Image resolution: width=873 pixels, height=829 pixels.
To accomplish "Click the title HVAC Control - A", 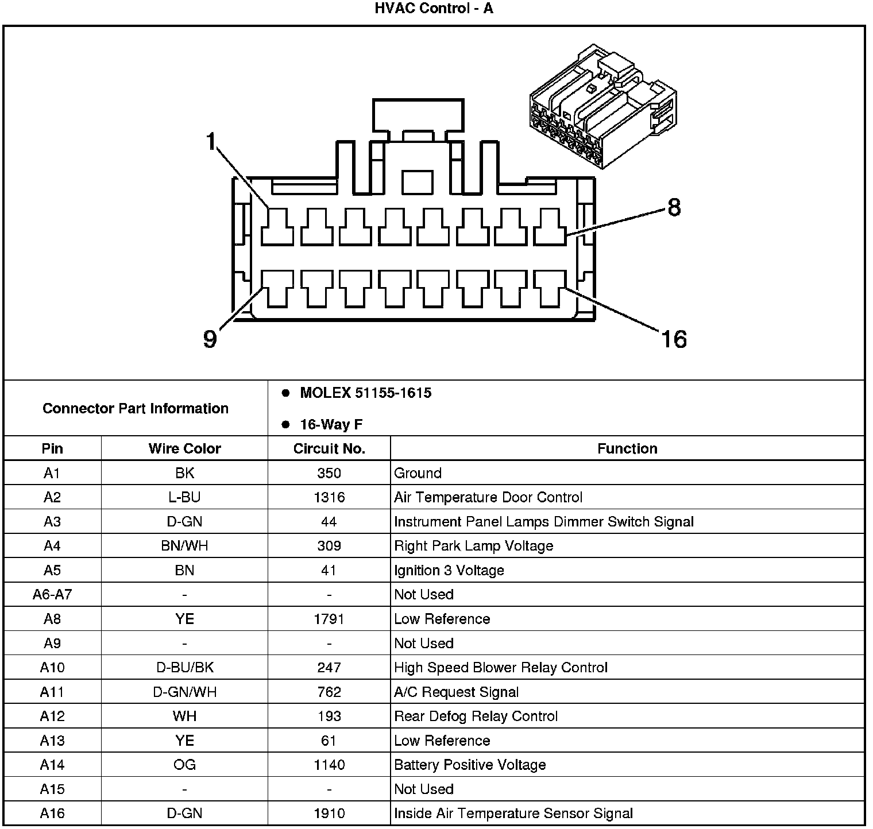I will pyautogui.click(x=434, y=9).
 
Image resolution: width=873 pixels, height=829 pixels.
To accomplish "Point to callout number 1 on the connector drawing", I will pyautogui.click(x=211, y=141).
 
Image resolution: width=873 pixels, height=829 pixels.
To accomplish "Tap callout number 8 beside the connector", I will pyautogui.click(x=674, y=207).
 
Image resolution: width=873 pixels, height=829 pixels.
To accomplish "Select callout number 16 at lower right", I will pyautogui.click(x=673, y=339).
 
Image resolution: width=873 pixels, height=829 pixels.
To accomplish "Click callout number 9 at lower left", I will pyautogui.click(x=210, y=339).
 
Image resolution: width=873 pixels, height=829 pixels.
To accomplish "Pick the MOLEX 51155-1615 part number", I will pyautogui.click(x=365, y=393).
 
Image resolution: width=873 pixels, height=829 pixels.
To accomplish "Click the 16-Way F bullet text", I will pyautogui.click(x=331, y=425).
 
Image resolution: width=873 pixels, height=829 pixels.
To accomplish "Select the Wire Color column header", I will pyautogui.click(x=184, y=448).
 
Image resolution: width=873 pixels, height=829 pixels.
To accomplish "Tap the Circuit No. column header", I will pyautogui.click(x=329, y=448).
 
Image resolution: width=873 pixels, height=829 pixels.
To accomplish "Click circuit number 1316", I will pyautogui.click(x=329, y=497).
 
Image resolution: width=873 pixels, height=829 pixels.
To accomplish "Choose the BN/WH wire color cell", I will pyautogui.click(x=184, y=545).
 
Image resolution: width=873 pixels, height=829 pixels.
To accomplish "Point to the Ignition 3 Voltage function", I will pyautogui.click(x=449, y=570).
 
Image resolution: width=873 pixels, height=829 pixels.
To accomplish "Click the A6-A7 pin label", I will pyautogui.click(x=52, y=594).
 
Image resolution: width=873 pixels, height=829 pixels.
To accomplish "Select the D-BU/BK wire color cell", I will pyautogui.click(x=184, y=667).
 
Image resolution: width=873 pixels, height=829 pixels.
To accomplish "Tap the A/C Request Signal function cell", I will pyautogui.click(x=456, y=692).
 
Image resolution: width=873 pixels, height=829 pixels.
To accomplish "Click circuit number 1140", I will pyautogui.click(x=329, y=765).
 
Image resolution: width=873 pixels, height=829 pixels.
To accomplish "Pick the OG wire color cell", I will pyautogui.click(x=184, y=765).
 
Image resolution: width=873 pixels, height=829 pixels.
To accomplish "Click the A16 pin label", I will pyautogui.click(x=52, y=813).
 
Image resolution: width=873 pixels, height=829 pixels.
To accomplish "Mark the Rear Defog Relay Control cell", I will pyautogui.click(x=476, y=716).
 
